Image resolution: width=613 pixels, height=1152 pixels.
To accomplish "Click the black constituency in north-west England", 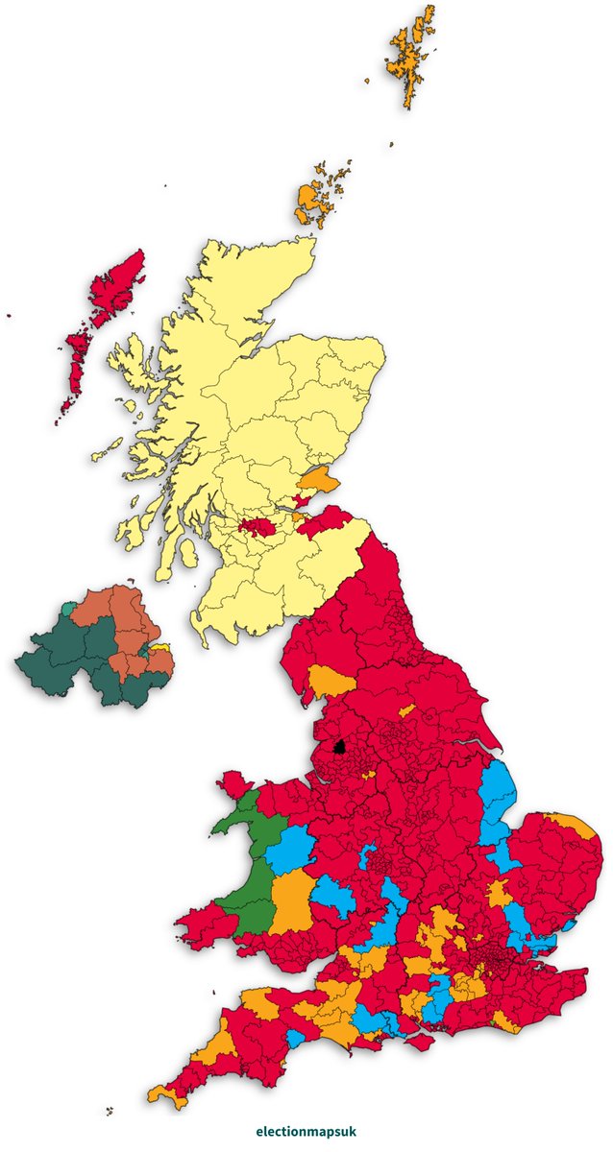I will (338, 746).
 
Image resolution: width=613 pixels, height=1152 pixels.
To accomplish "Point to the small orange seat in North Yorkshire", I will (407, 710).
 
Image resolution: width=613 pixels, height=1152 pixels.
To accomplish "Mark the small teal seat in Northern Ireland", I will (66, 609).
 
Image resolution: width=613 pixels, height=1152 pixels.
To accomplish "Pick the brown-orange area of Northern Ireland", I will (130, 624).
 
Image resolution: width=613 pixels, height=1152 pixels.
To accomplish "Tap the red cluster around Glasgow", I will (257, 526).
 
